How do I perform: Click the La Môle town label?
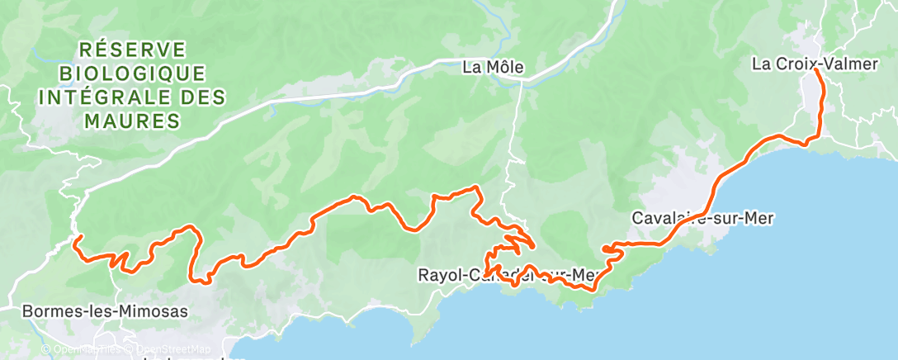[493, 68]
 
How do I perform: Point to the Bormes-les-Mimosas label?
[106, 312]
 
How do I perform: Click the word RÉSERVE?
[133, 50]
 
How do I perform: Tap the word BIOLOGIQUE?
[133, 73]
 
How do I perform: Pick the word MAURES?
[133, 121]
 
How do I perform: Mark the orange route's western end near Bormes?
[77, 241]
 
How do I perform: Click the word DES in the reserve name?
[203, 97]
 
